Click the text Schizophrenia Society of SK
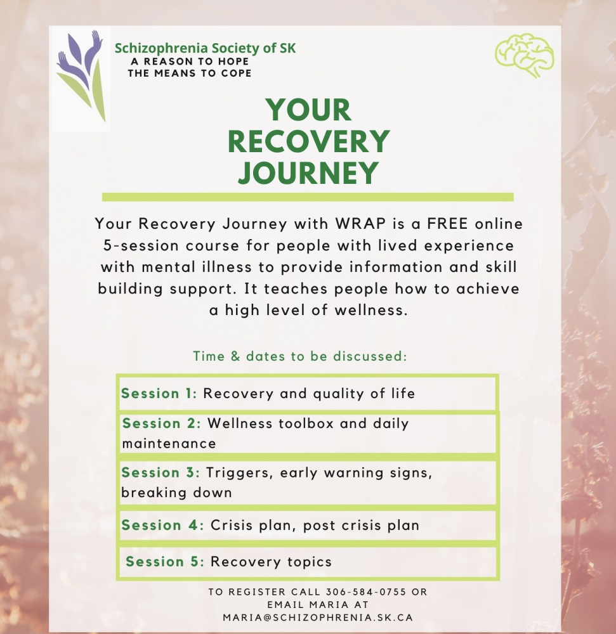click(x=204, y=48)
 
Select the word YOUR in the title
click(x=308, y=111)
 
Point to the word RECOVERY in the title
click(x=308, y=141)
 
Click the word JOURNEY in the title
click(x=308, y=172)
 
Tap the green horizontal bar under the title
click(x=308, y=197)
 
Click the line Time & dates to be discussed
click(x=299, y=356)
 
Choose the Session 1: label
click(x=159, y=394)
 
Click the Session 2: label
click(x=161, y=424)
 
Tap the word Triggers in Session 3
click(x=239, y=473)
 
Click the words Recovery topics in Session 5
click(x=271, y=562)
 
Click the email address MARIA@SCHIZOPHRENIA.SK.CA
click(x=317, y=617)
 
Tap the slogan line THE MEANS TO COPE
click(x=189, y=73)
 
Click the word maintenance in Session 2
click(x=169, y=444)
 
